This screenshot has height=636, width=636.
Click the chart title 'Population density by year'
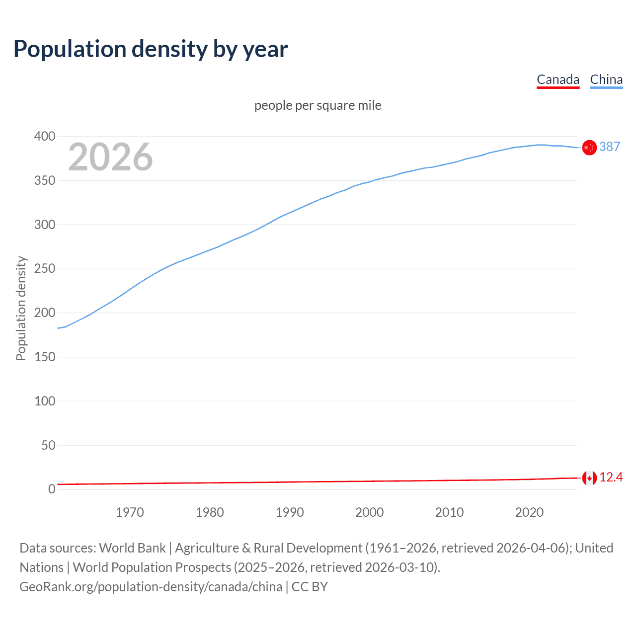point(151,49)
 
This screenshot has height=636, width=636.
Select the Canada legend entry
point(557,79)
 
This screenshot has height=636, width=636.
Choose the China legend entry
point(606,79)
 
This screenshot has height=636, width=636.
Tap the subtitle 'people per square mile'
point(318,105)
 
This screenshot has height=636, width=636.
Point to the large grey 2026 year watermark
point(110,157)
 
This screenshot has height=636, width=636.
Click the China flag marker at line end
point(589,148)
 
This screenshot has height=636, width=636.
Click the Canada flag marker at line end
point(589,478)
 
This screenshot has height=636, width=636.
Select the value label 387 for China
point(609,147)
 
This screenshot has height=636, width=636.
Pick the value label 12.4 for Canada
point(611,477)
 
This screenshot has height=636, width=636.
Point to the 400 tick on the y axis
point(45,136)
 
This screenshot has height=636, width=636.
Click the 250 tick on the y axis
point(45,269)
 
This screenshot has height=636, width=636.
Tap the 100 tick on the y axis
point(45,401)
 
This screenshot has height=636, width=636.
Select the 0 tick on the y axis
point(52,489)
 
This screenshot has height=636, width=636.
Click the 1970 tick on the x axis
point(130,512)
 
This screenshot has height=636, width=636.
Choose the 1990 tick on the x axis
point(290,512)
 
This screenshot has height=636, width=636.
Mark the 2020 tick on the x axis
point(529,512)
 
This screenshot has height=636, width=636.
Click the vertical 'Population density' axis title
point(21,308)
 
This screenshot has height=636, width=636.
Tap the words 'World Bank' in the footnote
point(132,548)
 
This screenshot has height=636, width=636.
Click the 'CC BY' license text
point(310,587)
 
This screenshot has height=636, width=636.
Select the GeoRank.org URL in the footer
point(151,587)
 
